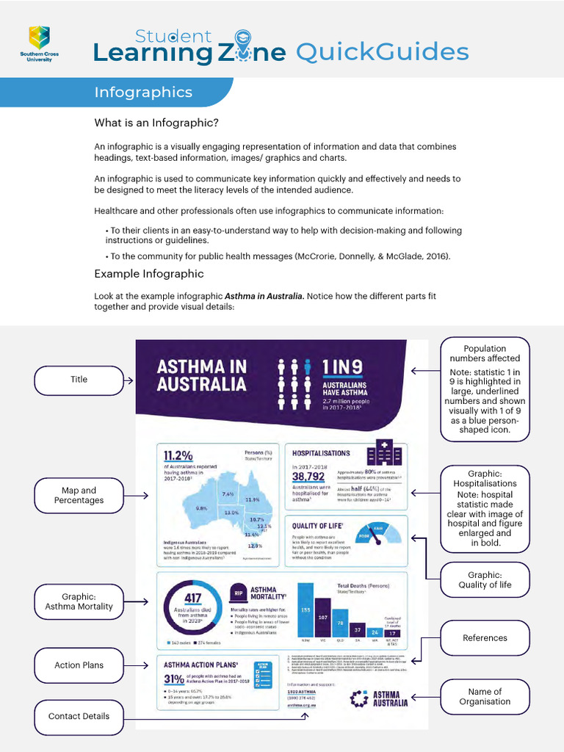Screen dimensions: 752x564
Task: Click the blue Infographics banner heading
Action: [143, 93]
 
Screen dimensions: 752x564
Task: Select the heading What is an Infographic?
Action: [156, 123]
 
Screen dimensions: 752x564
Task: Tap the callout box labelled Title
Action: [79, 380]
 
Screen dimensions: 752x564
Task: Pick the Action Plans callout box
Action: [79, 665]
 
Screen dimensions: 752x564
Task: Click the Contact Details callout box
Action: [79, 717]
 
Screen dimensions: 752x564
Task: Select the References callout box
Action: [485, 638]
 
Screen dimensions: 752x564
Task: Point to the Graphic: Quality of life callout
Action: [485, 580]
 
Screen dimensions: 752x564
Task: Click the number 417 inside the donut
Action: [192, 599]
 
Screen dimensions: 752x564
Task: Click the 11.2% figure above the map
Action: [178, 455]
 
